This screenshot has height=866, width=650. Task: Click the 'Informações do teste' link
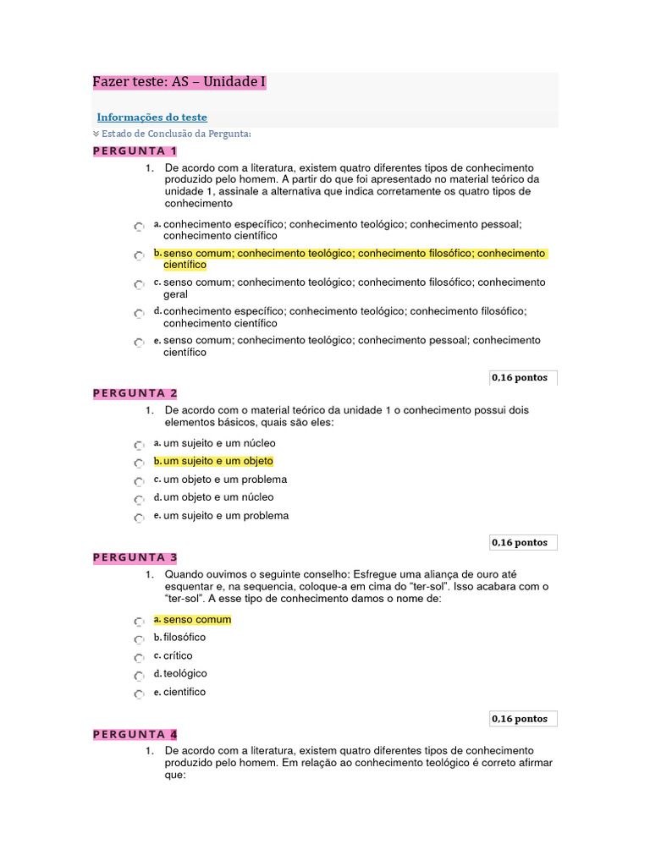(151, 118)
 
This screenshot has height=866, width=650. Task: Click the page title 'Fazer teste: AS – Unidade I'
(179, 82)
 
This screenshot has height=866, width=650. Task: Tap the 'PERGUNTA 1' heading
(135, 151)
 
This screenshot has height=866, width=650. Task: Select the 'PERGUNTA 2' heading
(135, 393)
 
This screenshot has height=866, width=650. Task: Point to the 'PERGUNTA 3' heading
(135, 557)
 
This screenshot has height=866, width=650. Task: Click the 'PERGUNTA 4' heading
(135, 734)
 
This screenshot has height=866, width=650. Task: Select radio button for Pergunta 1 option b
(139, 255)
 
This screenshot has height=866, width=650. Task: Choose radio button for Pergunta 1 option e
(139, 343)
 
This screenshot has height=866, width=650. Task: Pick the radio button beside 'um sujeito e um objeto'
(139, 463)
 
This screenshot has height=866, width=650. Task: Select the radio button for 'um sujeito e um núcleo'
(139, 446)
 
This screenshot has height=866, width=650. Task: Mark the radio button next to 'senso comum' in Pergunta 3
(139, 622)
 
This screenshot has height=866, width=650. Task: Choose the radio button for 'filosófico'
(139, 639)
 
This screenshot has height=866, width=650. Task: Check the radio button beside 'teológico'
(139, 676)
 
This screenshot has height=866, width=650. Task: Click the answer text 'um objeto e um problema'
(225, 480)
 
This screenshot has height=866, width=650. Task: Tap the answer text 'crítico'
(178, 655)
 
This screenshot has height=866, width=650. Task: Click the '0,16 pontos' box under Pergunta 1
(522, 378)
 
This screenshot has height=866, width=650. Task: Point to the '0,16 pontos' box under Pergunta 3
(522, 719)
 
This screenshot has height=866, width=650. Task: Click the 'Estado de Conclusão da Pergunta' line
(176, 134)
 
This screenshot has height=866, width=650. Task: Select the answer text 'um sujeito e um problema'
(226, 516)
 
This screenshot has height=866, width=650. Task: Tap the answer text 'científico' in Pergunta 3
(185, 692)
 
